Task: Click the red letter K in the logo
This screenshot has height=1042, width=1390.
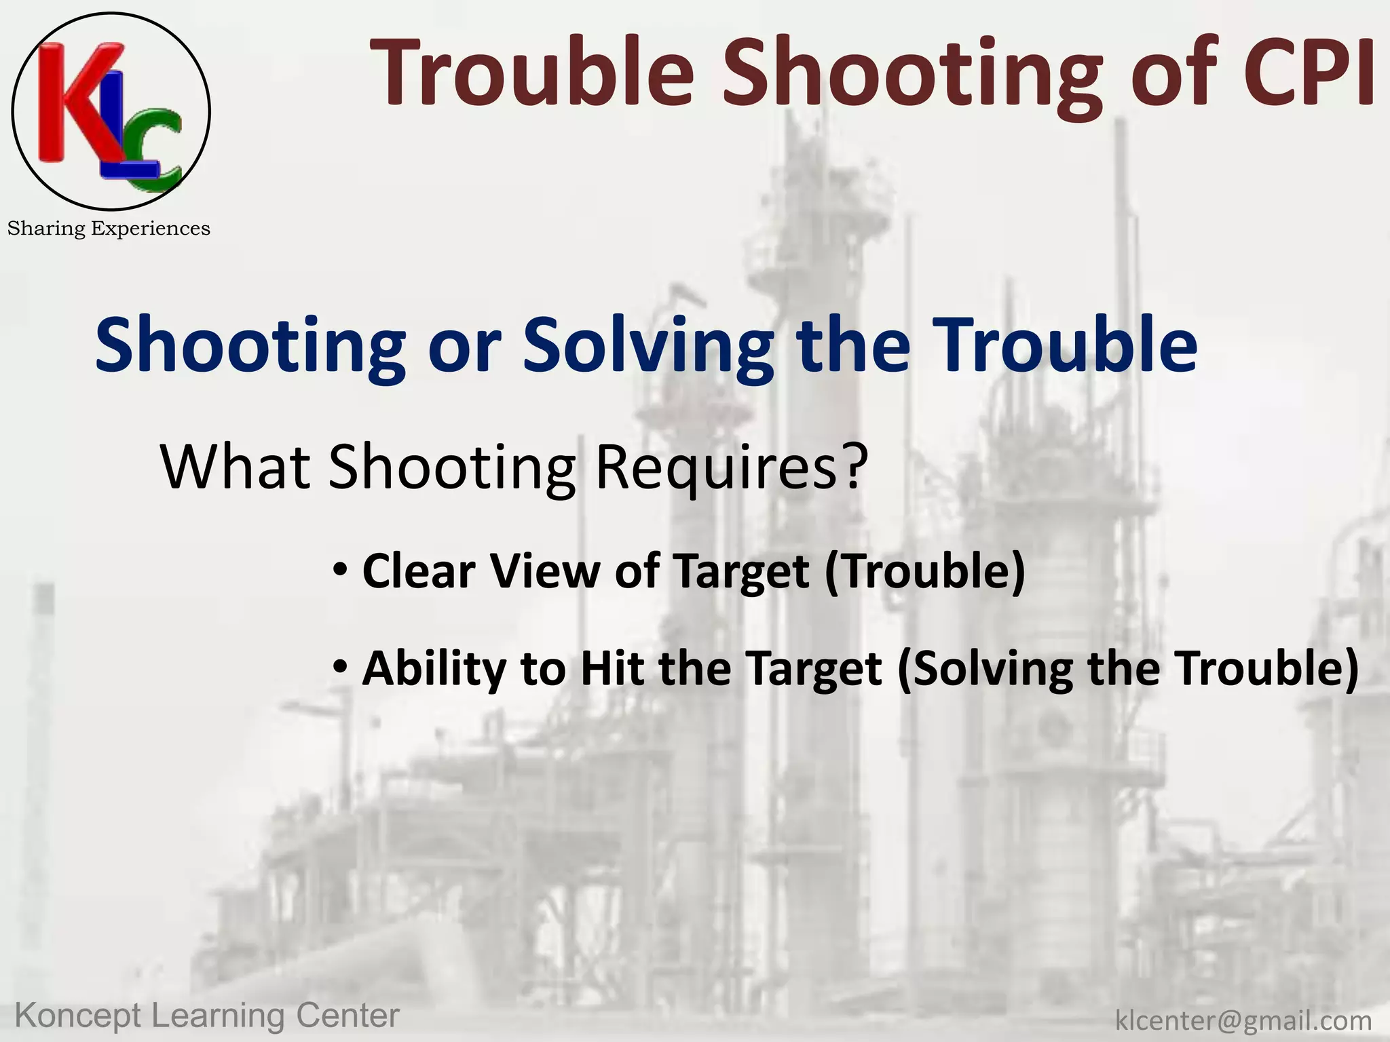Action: click(x=64, y=102)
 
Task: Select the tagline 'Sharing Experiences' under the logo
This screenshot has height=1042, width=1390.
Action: click(x=109, y=229)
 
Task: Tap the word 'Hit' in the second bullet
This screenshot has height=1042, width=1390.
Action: click(x=612, y=668)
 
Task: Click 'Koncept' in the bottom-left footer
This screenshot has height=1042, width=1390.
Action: click(x=78, y=1016)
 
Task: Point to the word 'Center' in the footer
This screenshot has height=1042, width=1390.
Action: click(x=347, y=1016)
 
